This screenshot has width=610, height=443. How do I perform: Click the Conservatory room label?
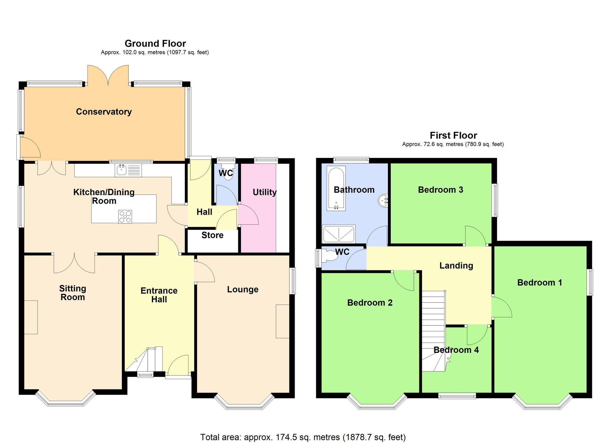pos(104,112)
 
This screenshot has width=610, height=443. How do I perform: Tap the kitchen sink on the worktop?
pos(121,170)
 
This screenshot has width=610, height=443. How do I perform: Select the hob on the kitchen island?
pos(125,216)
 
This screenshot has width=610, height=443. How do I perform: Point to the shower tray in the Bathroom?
pos(339,234)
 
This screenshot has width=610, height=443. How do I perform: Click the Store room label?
pos(212,235)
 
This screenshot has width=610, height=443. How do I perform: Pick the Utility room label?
pos(264,192)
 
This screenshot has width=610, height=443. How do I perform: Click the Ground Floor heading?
pos(155,44)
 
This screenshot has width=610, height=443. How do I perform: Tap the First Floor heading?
pos(453,135)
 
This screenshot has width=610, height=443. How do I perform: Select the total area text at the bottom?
pos(303,437)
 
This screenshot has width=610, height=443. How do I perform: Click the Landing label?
pos(456,265)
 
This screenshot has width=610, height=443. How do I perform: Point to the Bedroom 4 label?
pos(456,350)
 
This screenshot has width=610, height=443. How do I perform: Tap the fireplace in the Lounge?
pos(282,321)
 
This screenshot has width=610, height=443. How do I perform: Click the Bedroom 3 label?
pos(440,190)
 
